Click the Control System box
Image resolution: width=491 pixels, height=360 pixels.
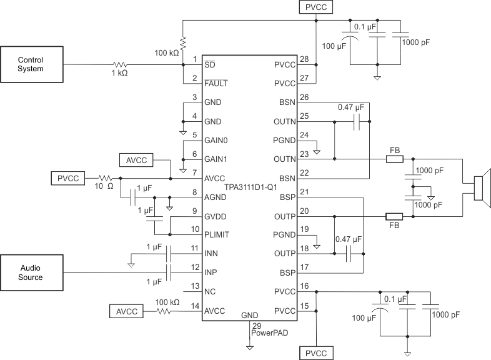click(x=31, y=64)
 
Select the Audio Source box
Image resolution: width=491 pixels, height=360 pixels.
click(x=31, y=272)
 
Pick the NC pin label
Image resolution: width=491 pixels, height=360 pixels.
click(x=211, y=291)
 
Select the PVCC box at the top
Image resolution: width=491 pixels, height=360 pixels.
click(x=317, y=7)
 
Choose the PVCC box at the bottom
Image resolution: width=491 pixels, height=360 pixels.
click(x=317, y=353)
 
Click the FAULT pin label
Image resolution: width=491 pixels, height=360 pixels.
click(x=216, y=83)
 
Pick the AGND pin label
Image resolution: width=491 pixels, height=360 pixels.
click(x=215, y=197)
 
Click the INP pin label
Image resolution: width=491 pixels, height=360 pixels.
click(x=211, y=272)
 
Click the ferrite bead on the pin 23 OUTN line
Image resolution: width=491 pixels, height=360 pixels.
click(x=394, y=159)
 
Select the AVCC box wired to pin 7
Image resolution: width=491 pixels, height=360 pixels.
click(x=136, y=160)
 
